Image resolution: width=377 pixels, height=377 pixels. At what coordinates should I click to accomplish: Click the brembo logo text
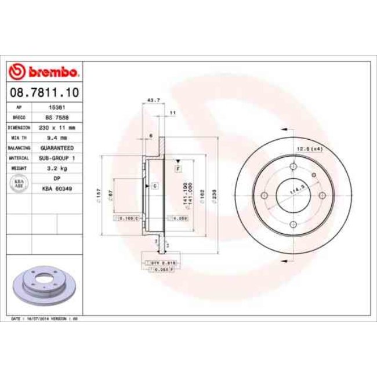(50, 71)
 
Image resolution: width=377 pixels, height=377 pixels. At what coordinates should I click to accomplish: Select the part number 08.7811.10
(45, 92)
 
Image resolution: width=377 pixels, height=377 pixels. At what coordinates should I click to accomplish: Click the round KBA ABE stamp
(19, 183)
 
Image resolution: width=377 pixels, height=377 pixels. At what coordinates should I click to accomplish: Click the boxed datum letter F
(178, 168)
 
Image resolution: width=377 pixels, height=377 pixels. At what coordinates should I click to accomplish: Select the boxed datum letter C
(155, 186)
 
